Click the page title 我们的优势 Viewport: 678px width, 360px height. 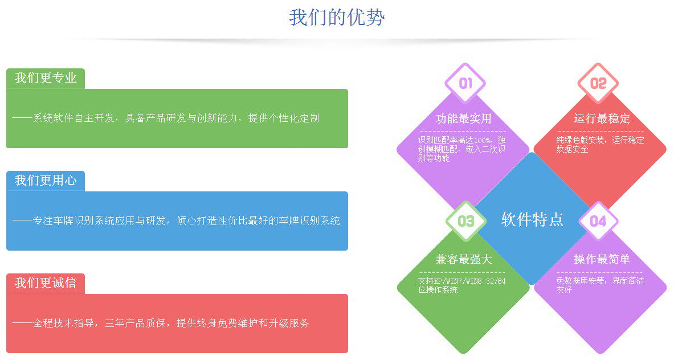click(x=337, y=18)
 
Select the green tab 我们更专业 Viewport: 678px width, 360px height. click(x=46, y=79)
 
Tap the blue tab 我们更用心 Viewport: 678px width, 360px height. click(x=46, y=181)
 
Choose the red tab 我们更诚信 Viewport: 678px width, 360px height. click(x=46, y=283)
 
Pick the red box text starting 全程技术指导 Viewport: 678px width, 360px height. click(x=161, y=323)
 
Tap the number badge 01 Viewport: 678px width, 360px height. click(x=465, y=84)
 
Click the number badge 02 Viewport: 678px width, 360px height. click(x=598, y=84)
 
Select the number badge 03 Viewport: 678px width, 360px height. click(x=465, y=221)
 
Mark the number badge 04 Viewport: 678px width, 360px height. click(x=598, y=221)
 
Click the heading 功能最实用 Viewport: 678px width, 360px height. click(x=463, y=119)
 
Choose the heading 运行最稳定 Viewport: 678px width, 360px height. click(x=602, y=119)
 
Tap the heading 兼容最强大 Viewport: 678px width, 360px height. click(x=463, y=260)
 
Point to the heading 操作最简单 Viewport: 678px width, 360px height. click(x=602, y=260)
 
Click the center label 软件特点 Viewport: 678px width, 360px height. click(x=532, y=219)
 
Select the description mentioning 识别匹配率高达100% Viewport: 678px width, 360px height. click(x=461, y=149)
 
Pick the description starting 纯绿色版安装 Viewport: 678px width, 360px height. click(x=599, y=145)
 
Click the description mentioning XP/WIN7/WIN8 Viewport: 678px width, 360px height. click(x=461, y=285)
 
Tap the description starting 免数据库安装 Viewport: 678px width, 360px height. click(x=599, y=285)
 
